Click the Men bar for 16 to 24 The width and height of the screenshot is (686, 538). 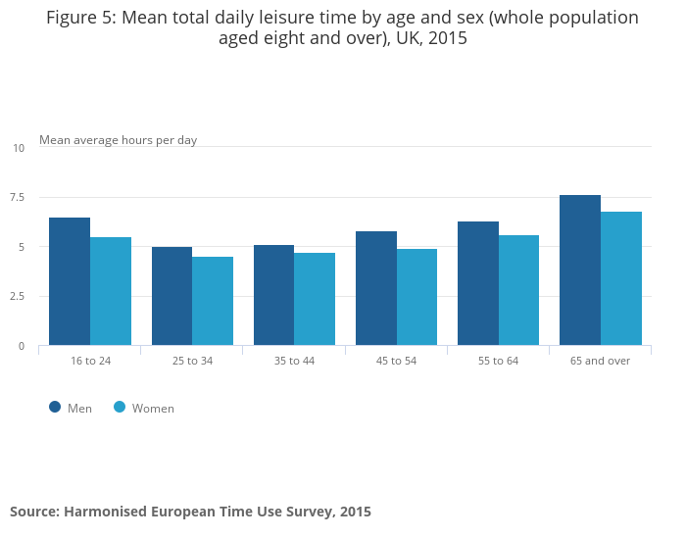[70, 282]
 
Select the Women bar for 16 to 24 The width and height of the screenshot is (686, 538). [111, 292]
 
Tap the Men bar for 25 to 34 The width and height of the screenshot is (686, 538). [171, 297]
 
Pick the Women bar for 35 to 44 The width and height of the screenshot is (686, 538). [315, 300]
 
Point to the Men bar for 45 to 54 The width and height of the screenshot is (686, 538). [376, 289]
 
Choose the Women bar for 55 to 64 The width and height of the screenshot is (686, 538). [519, 291]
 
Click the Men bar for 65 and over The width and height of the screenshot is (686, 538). [580, 270]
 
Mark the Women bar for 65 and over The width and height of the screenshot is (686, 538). [621, 279]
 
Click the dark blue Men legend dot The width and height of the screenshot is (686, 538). [55, 407]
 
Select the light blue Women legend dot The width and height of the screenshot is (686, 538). [120, 407]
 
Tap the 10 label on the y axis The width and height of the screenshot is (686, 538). [19, 148]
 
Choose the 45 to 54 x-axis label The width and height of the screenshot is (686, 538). [396, 361]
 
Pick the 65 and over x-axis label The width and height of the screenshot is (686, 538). [600, 361]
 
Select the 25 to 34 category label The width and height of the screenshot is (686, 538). [192, 361]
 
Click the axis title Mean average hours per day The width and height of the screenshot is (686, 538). [118, 140]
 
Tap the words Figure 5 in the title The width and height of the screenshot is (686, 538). [81, 18]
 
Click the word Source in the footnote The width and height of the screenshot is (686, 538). [33, 512]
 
